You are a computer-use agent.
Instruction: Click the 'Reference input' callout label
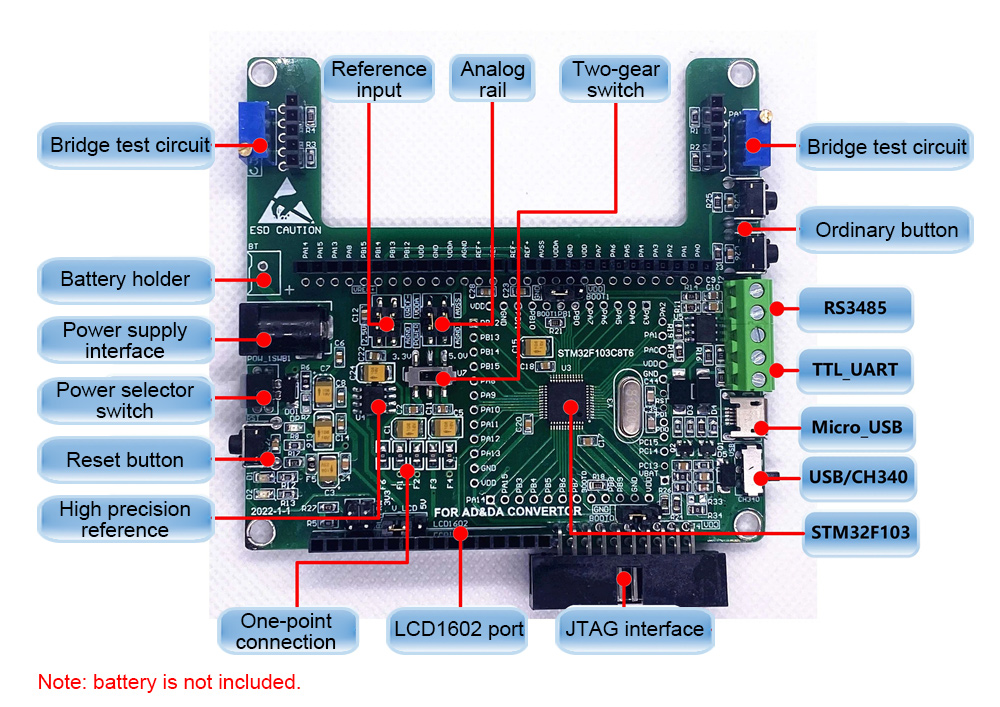[x=379, y=79]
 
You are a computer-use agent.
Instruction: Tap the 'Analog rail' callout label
[x=492, y=79]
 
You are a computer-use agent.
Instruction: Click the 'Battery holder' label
[x=125, y=279]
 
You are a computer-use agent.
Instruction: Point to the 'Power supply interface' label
[x=125, y=340]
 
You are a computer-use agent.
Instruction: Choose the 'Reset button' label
[x=125, y=460]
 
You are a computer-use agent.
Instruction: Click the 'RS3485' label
[x=855, y=309]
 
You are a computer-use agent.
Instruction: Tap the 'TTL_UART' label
[x=855, y=370]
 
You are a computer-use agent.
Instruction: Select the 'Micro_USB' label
[x=855, y=428]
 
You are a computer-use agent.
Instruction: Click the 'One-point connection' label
[x=286, y=631]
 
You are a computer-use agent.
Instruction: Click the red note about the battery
[x=169, y=683]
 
